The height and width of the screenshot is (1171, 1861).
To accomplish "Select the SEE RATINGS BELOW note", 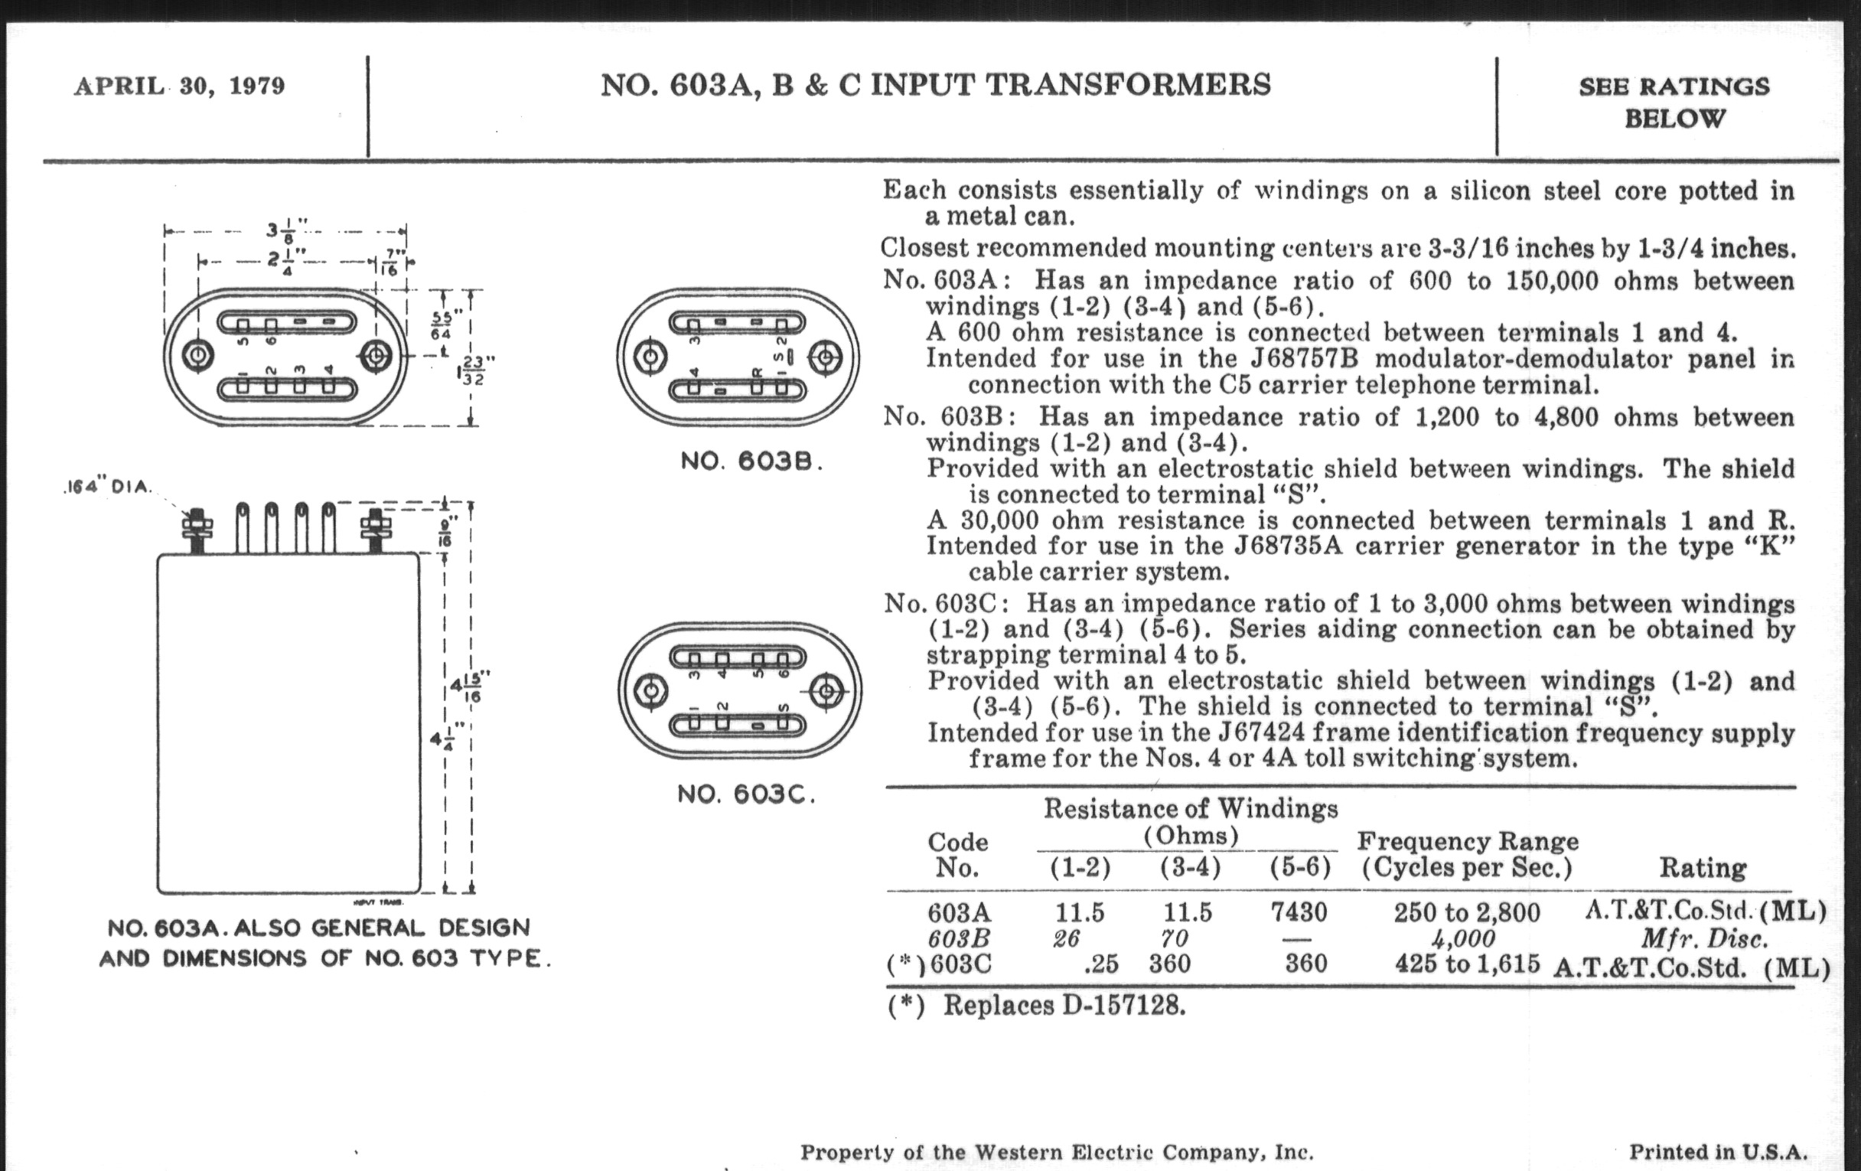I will click(1674, 102).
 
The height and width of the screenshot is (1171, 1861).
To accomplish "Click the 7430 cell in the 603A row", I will click(1299, 913).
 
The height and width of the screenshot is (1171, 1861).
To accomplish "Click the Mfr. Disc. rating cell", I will click(1704, 938).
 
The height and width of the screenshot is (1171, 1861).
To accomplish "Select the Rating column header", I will click(1703, 868).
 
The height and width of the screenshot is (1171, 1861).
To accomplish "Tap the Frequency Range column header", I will click(1467, 854).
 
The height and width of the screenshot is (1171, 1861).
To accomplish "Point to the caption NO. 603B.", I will click(751, 462).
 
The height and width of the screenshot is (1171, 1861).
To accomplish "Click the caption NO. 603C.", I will click(746, 794).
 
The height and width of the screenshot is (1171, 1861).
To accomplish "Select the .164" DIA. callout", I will click(108, 488).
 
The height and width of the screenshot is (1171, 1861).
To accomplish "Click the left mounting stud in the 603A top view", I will click(199, 356).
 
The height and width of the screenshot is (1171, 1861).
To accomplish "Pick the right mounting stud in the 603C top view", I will click(826, 690).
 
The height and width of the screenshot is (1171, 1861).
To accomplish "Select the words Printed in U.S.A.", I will click(1718, 1151).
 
